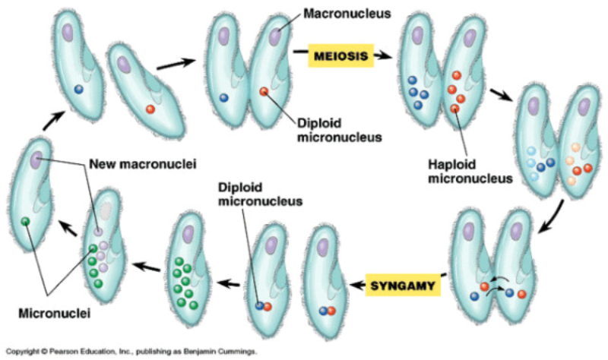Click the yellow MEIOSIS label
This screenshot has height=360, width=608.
(339, 56)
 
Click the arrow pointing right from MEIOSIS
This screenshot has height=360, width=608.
(385, 55)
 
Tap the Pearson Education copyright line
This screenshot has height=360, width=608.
(129, 352)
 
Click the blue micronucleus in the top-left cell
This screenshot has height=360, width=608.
(78, 89)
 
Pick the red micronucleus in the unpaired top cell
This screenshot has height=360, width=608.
(150, 109)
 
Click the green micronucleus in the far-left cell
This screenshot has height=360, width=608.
(25, 221)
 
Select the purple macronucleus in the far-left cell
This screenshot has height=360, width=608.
(36, 160)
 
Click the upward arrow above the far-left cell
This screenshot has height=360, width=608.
(49, 119)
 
